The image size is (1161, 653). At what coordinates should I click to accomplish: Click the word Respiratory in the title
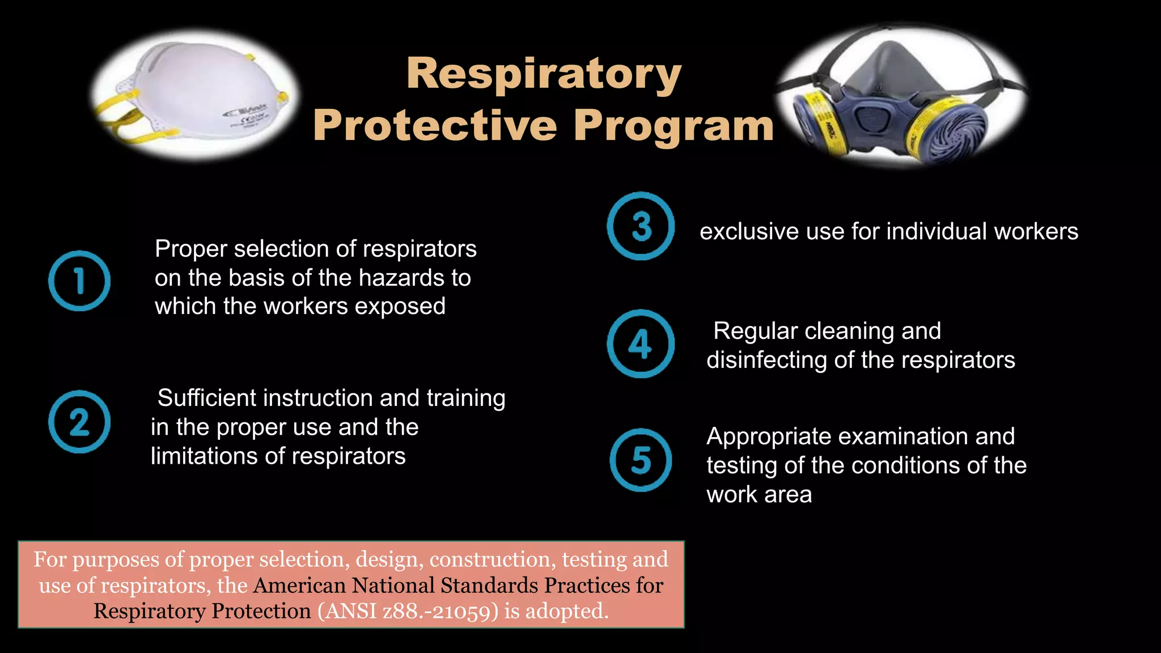[544, 74]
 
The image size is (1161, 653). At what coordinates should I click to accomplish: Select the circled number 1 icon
[79, 281]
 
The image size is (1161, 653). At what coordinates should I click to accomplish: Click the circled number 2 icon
[79, 422]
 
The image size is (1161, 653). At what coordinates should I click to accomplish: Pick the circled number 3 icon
[641, 226]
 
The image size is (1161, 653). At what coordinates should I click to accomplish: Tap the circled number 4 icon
[641, 344]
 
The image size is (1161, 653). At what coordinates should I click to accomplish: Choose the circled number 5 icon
[641, 460]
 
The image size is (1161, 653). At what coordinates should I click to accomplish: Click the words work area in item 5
[759, 495]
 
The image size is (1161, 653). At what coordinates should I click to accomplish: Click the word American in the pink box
[299, 586]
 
